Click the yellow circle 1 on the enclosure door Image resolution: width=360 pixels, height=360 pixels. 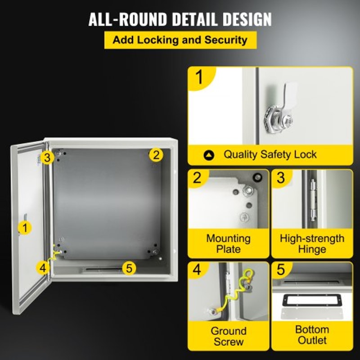25,228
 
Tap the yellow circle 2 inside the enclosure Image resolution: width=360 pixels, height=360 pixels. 156,155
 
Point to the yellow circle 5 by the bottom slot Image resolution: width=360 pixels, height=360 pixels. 129,269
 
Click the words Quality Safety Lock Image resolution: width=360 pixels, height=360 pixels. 270,155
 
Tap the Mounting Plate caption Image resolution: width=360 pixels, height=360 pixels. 229,243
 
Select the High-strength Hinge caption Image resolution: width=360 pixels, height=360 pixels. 312,243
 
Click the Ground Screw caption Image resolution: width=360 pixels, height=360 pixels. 229,336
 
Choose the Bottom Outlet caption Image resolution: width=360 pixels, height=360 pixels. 312,335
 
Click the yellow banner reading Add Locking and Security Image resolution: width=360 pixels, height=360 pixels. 180,40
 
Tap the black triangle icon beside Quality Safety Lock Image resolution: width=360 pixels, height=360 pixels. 209,155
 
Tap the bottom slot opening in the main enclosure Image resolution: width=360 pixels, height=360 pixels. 103,270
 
